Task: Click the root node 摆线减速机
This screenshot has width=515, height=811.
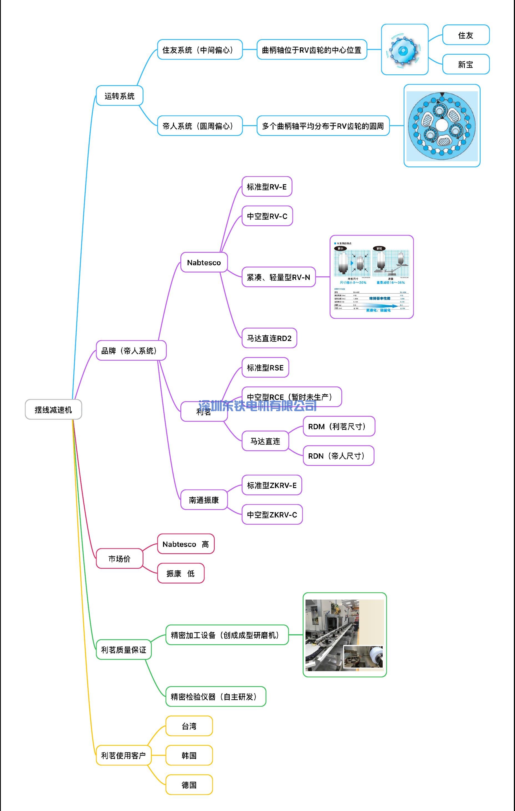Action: point(53,409)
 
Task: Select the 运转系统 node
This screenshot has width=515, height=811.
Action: point(120,96)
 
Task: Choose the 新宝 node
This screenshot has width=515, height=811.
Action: point(466,64)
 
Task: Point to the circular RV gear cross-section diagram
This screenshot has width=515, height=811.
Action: point(441,126)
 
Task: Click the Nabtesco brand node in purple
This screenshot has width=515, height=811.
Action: point(204,262)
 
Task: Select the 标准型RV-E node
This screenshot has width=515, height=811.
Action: point(267,186)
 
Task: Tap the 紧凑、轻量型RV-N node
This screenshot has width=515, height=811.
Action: point(279,277)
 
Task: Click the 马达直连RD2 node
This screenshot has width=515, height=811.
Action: point(269,338)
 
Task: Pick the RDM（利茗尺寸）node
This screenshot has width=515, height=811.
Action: point(339,426)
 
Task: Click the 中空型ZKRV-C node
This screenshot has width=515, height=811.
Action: point(272,515)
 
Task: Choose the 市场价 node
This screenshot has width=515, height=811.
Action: point(120,559)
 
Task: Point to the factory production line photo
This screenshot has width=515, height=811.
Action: point(344,635)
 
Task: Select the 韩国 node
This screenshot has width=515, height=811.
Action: point(189,756)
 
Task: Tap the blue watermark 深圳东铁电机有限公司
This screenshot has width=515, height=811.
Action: point(258,406)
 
